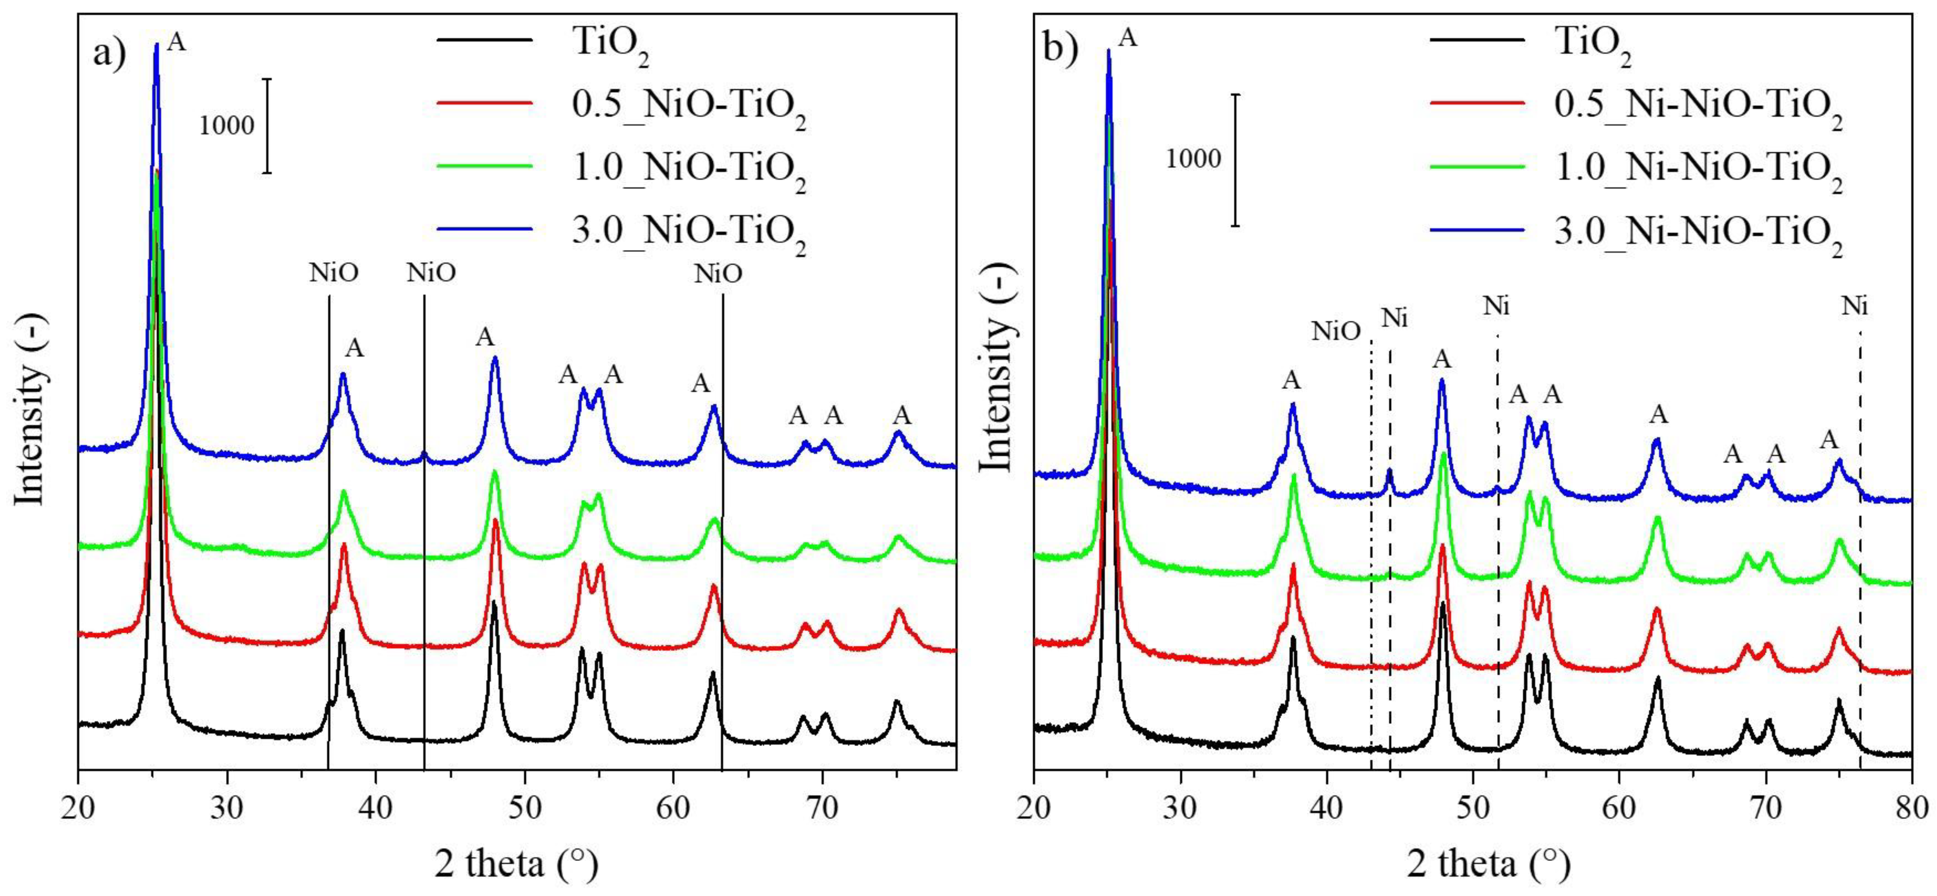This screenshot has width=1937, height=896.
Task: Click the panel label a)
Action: pos(111,54)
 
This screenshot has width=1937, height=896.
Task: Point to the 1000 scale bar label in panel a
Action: pos(227,126)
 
